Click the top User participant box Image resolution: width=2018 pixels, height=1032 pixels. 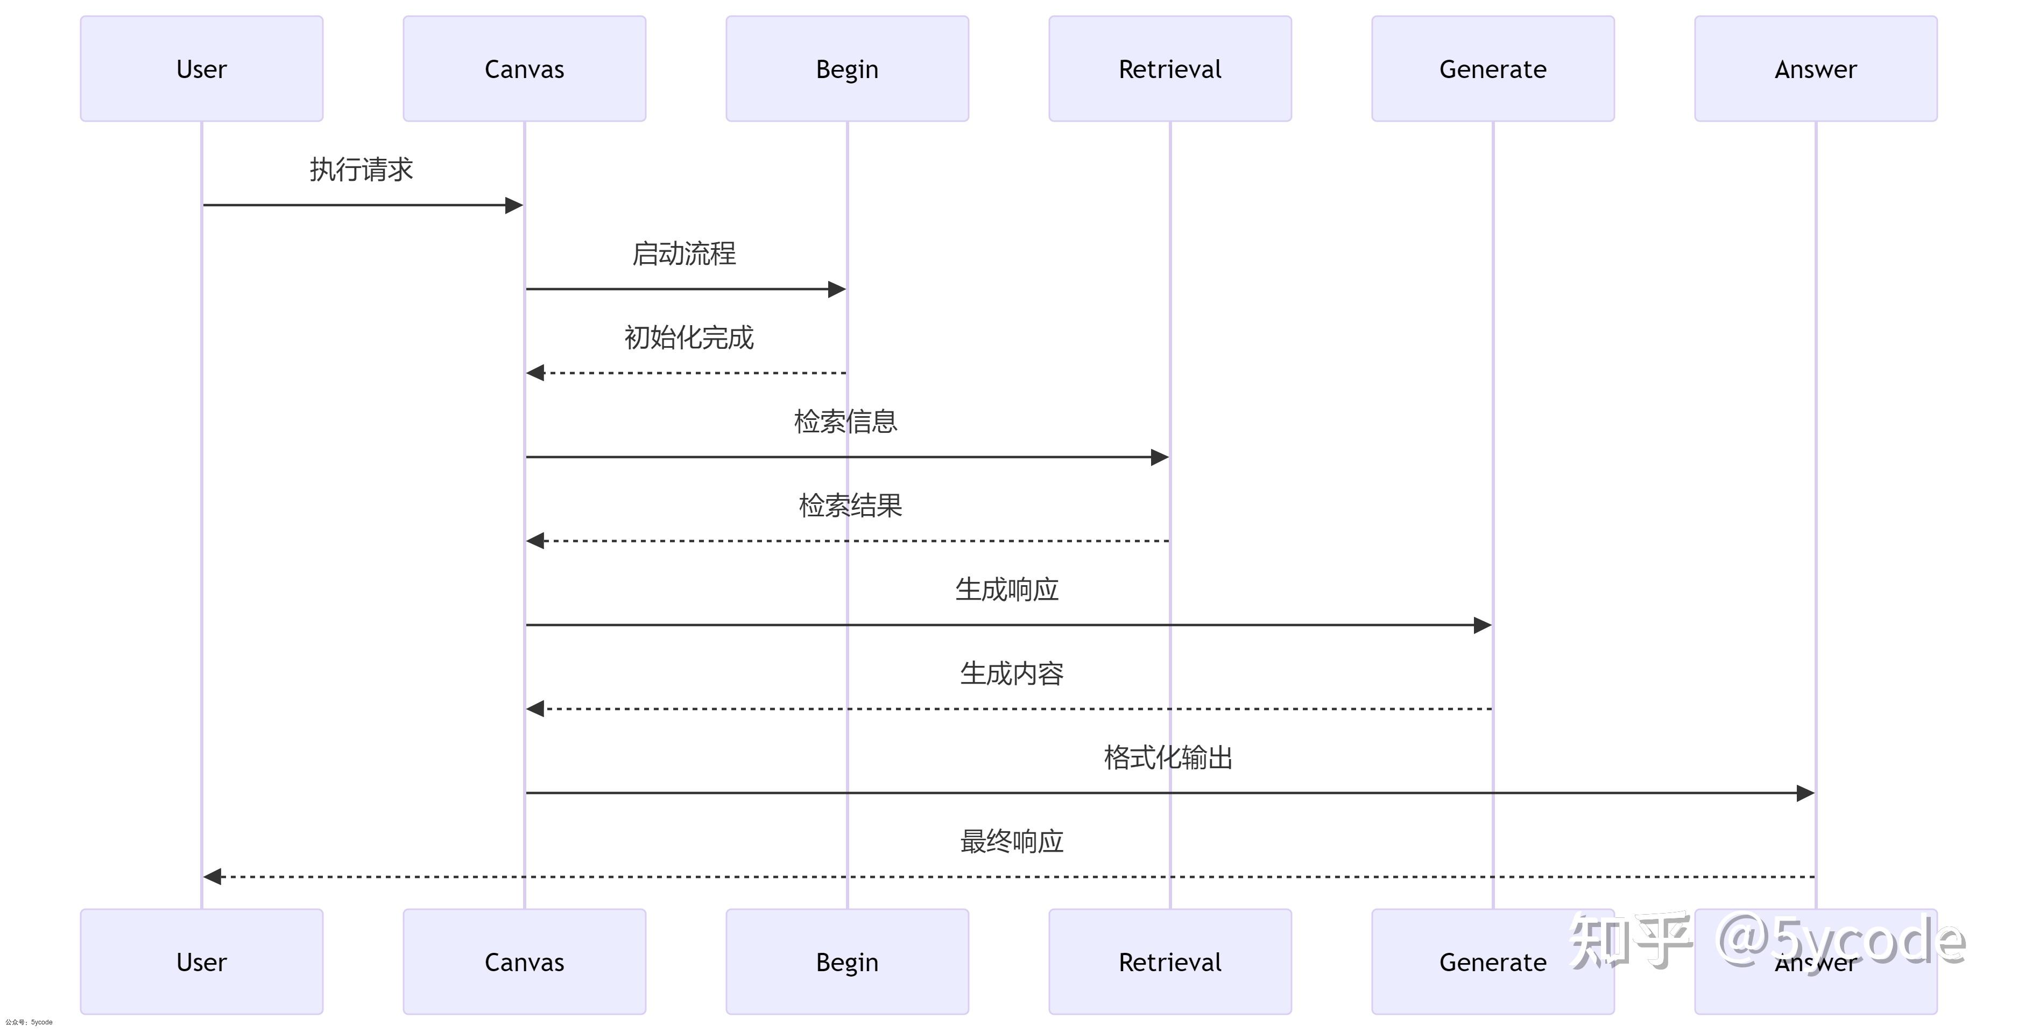coord(201,69)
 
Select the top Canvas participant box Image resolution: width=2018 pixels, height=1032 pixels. coord(524,69)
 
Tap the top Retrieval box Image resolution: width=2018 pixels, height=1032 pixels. coord(1169,69)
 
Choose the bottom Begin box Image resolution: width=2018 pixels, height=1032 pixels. coord(847,961)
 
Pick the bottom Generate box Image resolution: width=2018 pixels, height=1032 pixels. coord(1492,961)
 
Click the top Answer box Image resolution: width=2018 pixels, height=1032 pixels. coord(1815,69)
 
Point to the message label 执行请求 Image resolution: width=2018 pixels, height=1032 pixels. coord(361,169)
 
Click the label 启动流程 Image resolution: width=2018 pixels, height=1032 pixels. coord(684,253)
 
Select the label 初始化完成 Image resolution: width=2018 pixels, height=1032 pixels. coord(689,337)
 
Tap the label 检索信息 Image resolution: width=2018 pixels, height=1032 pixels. coord(845,422)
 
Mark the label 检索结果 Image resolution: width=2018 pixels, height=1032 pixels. coord(850,506)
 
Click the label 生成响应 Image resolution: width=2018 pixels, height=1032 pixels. coord(1007,589)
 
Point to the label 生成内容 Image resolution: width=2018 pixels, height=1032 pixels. coord(1011,673)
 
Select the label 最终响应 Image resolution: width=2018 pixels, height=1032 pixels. coord(1011,841)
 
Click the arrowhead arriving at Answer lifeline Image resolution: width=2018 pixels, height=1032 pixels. coord(1805,793)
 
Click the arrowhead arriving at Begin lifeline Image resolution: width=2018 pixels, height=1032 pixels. coord(837,289)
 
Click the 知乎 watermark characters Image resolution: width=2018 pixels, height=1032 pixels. coord(1629,940)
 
